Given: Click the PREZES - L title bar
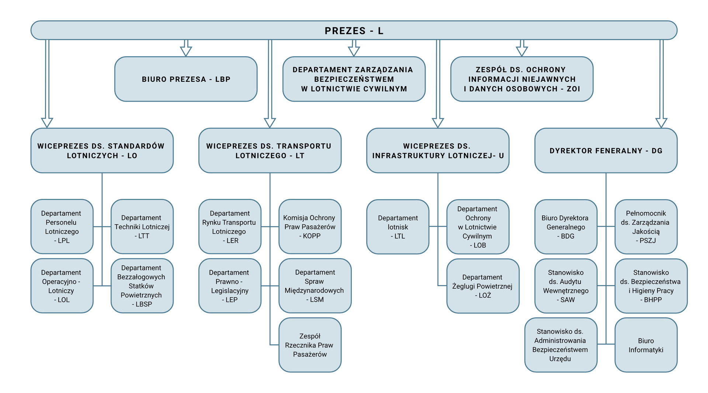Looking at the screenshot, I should [354, 31].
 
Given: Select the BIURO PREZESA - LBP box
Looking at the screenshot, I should [186, 79].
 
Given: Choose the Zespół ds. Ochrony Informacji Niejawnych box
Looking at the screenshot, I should [522, 79].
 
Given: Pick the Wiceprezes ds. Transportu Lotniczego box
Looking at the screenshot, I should [270, 151].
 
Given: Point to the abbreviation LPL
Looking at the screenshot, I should [63, 241].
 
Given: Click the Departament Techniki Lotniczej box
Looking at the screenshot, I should [142, 227].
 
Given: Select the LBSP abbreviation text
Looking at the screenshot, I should [143, 304].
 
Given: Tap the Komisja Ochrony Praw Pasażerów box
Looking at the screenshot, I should [310, 227].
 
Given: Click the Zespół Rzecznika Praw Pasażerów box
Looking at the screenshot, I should [310, 345].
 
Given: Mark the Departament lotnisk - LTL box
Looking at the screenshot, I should [398, 227].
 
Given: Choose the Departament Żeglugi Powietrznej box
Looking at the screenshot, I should [482, 286].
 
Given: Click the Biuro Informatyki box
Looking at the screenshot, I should [646, 345].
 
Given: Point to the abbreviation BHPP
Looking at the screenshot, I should [653, 300].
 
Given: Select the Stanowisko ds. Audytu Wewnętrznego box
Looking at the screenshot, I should [566, 286].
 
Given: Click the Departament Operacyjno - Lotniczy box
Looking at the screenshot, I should [62, 286].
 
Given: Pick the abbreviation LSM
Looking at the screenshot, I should [317, 300].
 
